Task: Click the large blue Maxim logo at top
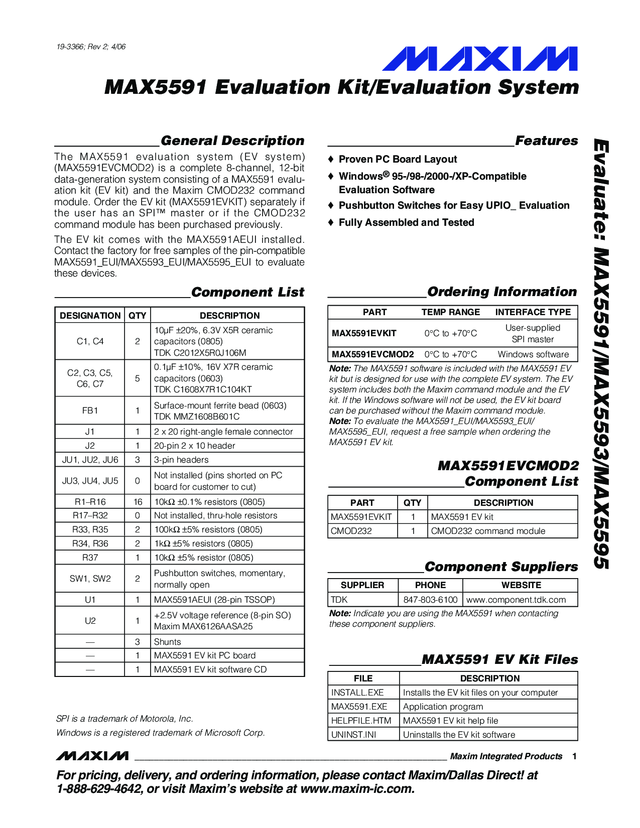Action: tap(479, 59)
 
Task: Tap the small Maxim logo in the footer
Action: tap(92, 756)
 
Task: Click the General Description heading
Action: tap(232, 141)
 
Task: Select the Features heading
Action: tap(546, 141)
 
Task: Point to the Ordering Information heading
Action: tap(501, 292)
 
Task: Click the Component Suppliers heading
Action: tap(501, 567)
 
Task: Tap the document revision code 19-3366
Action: tap(91, 47)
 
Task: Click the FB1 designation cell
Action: tap(90, 410)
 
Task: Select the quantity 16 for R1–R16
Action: tap(138, 502)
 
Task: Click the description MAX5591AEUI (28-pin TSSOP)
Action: tap(214, 600)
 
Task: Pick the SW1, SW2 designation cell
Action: tap(90, 579)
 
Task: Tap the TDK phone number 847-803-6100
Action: tap(430, 600)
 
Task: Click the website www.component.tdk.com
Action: tap(516, 600)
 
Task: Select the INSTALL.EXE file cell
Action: tap(357, 693)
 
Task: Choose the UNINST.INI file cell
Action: tap(353, 735)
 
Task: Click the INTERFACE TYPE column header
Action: tap(533, 312)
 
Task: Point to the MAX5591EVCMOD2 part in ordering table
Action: tap(372, 354)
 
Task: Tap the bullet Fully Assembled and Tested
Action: tap(406, 222)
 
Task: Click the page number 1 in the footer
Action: tap(574, 756)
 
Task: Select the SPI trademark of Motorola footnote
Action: tap(124, 719)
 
